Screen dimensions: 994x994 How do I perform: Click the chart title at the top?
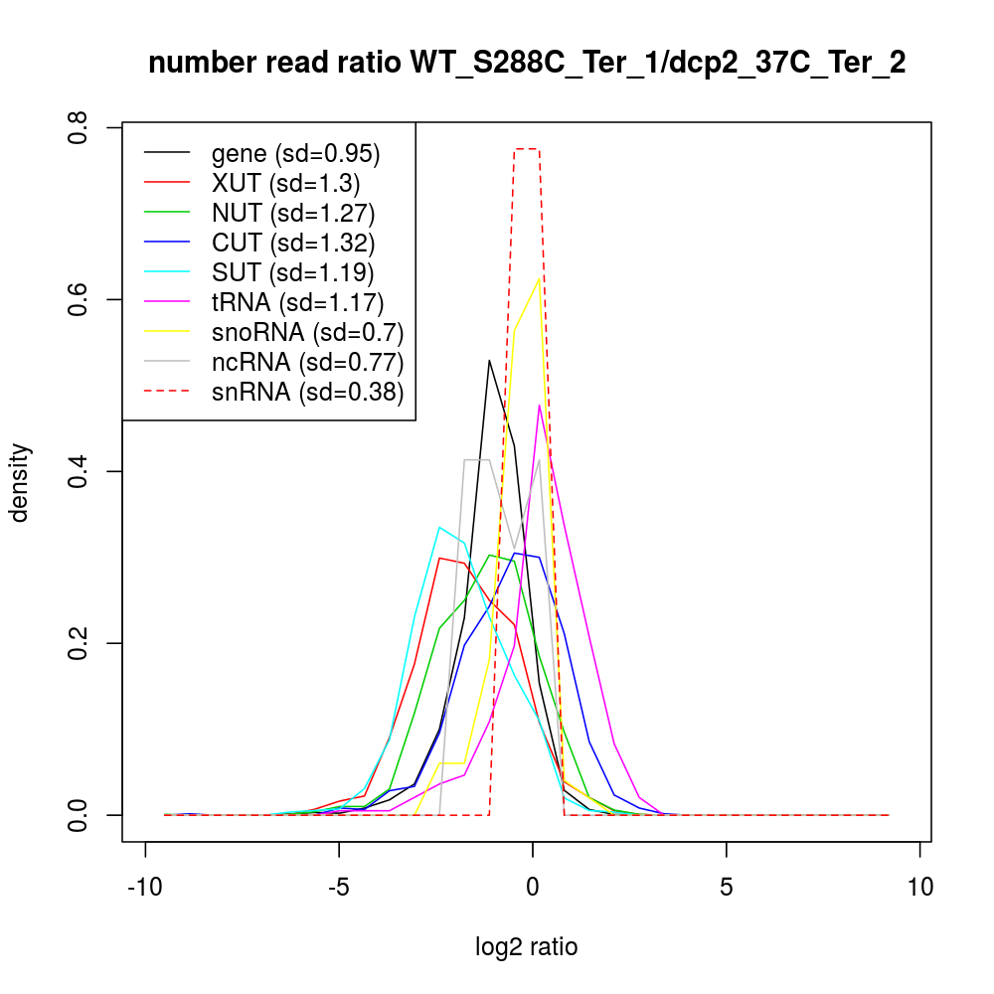(x=527, y=64)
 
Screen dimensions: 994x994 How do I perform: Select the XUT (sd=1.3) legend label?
(x=285, y=183)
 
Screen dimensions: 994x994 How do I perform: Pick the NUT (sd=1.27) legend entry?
(x=293, y=213)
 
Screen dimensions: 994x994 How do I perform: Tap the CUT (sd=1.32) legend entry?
(x=293, y=243)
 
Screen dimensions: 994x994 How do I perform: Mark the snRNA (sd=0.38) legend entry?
(x=307, y=392)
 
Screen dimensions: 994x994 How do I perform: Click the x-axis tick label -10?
(x=146, y=886)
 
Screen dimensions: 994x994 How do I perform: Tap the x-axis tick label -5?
(x=339, y=886)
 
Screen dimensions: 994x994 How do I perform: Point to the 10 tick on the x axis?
(x=919, y=886)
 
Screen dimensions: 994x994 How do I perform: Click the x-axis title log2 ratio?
(x=527, y=947)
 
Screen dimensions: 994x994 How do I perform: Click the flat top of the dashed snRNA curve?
(x=527, y=149)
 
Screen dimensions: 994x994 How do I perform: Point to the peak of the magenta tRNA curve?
(x=539, y=405)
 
